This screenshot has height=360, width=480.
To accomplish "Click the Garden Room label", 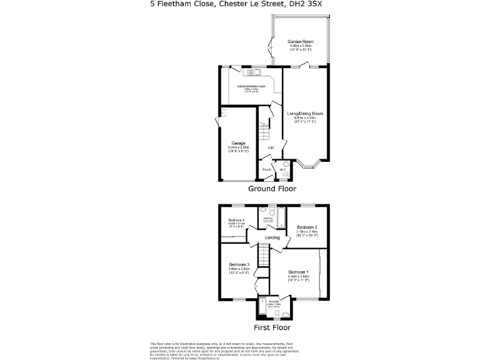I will click(301, 41).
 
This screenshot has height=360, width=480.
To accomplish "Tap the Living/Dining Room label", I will click(305, 113).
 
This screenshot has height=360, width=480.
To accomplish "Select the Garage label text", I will click(238, 144).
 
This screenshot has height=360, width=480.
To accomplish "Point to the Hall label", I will click(271, 147).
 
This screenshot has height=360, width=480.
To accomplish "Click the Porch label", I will click(266, 169).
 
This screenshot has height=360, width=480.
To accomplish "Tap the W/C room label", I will click(282, 169).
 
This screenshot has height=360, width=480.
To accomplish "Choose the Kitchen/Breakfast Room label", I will click(251, 86).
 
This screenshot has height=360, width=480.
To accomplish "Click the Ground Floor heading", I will click(272, 188).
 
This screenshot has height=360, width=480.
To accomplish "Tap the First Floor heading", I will click(272, 327).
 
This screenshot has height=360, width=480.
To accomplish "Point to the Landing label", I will click(272, 237).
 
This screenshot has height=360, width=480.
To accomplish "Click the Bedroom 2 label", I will click(307, 227).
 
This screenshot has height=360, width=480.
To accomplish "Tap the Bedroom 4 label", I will click(236, 221).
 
